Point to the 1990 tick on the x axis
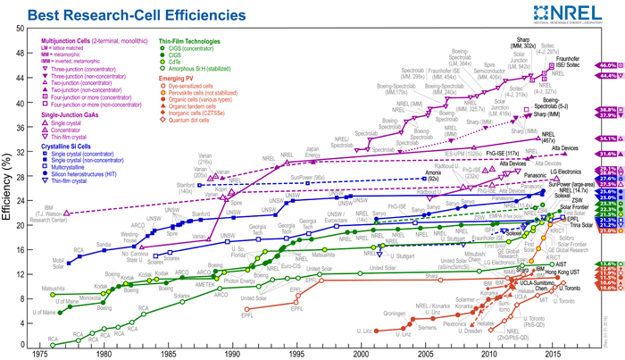point(233,354)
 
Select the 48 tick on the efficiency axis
point(21,53)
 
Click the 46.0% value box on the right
point(608,65)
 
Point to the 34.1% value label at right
point(608,138)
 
